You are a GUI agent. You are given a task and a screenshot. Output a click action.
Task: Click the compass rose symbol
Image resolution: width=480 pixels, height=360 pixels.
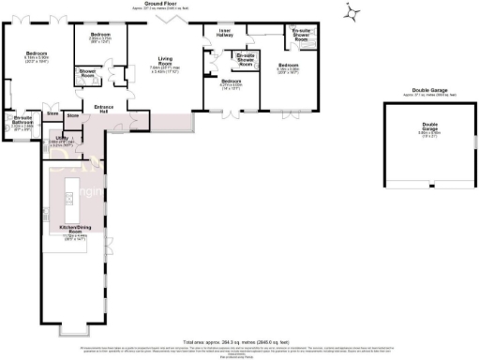click(x=351, y=12)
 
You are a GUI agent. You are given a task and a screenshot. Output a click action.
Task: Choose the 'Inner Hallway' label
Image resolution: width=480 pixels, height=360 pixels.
click(x=225, y=32)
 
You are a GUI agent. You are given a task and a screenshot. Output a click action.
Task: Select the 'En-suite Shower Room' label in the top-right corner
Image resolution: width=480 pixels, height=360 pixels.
click(x=301, y=35)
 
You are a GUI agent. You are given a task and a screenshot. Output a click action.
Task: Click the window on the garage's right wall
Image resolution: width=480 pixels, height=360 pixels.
click(x=473, y=144)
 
